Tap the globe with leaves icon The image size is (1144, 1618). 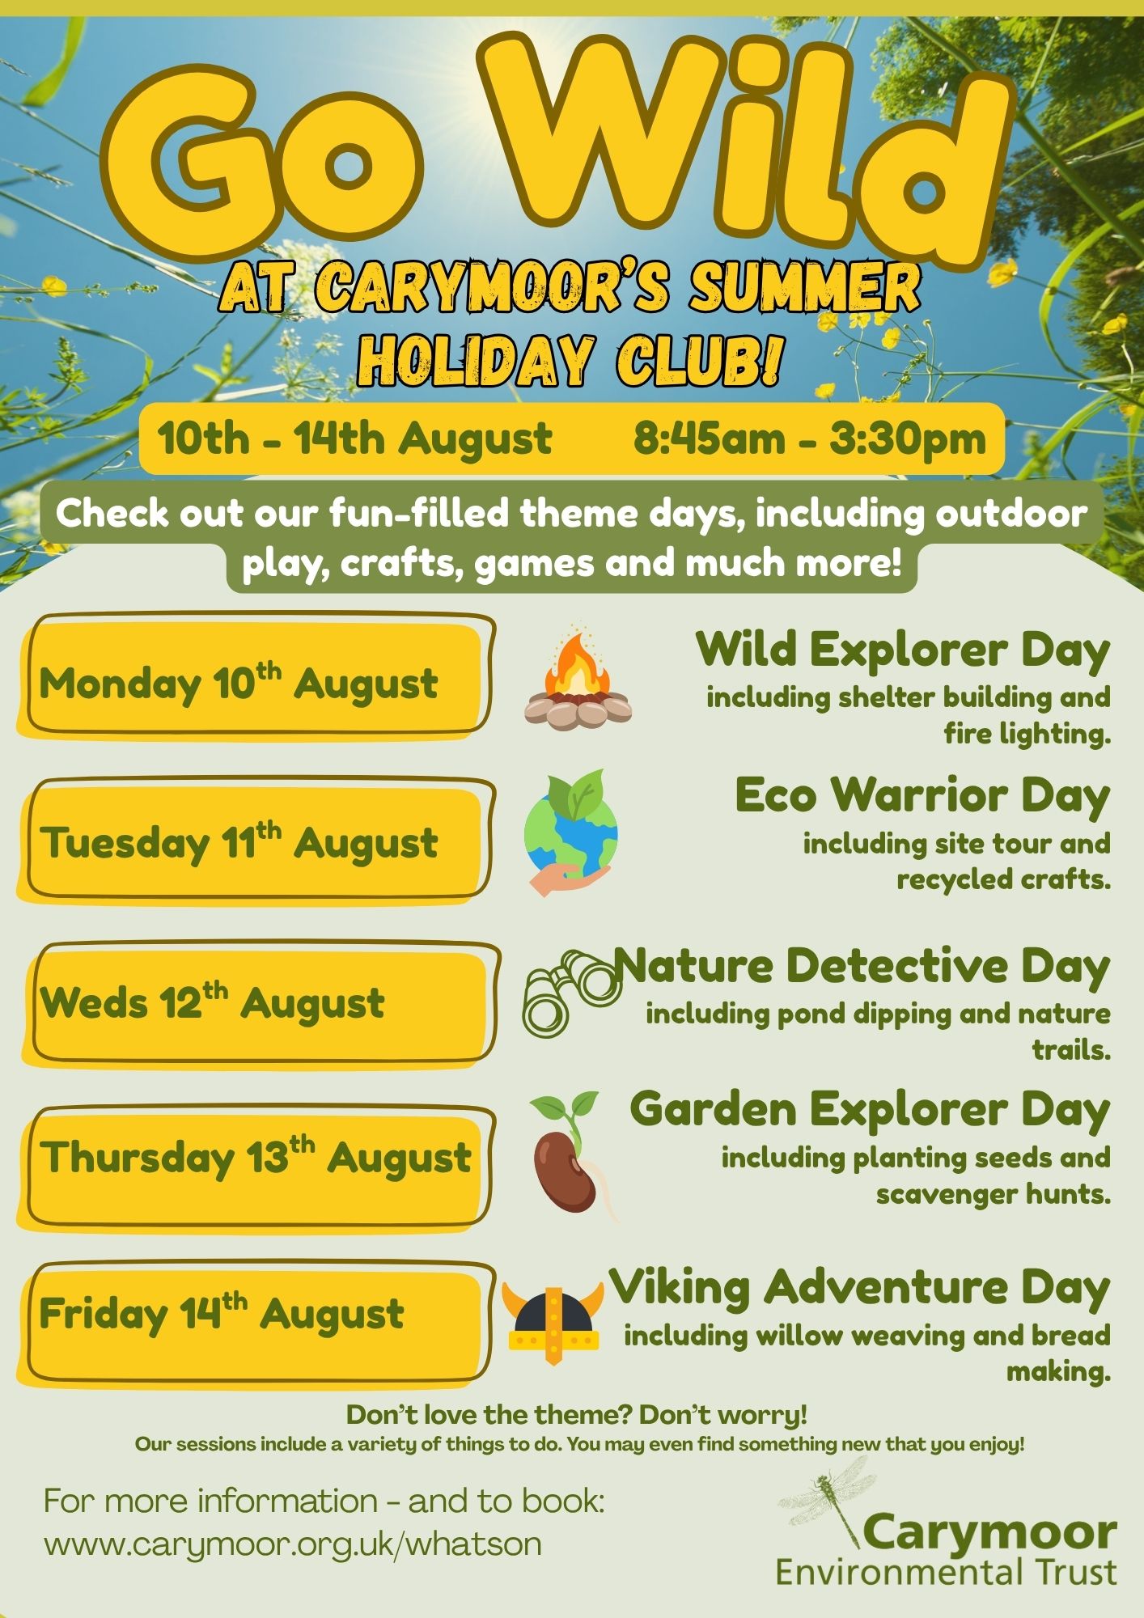pos(571,832)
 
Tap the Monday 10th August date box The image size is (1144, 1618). pos(256,676)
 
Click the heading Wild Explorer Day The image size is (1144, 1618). pos(903,650)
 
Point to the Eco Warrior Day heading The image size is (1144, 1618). pos(922,796)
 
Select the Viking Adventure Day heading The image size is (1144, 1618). pos(859,1287)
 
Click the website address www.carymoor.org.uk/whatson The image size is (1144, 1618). pos(293,1544)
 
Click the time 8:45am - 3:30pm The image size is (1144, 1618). pos(810,439)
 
